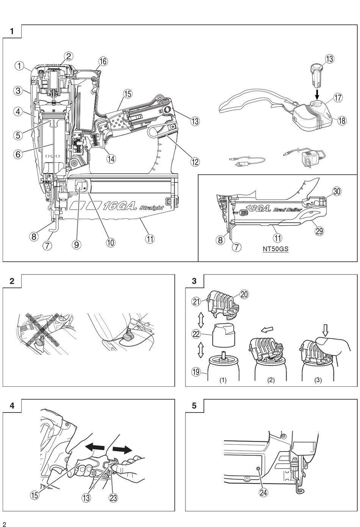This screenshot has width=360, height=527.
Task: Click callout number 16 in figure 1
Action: point(103,61)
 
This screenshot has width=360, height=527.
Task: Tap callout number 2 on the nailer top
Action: point(69,56)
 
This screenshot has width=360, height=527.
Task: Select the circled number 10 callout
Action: point(110,242)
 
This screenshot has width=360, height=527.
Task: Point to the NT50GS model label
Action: point(275,249)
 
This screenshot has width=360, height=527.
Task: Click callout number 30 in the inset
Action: point(337,191)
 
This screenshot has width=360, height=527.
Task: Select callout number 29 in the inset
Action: point(319,231)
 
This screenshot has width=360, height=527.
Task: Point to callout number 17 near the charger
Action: point(338,97)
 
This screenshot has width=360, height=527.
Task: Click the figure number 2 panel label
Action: point(12,281)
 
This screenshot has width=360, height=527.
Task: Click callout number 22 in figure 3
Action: point(196,334)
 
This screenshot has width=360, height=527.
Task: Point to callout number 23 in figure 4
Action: point(113,497)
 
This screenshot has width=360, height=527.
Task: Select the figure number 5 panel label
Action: point(194,406)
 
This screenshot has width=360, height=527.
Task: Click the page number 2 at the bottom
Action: point(5,524)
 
